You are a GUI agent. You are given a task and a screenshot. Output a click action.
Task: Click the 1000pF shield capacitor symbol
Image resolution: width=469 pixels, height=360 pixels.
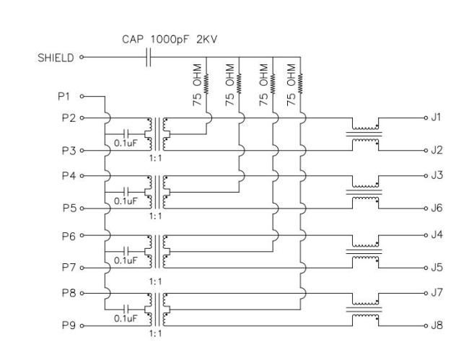point(149,57)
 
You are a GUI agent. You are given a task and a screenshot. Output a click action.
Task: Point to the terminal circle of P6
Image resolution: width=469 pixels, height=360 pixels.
point(82,236)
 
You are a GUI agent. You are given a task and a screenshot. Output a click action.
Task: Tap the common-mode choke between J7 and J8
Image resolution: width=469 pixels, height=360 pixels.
point(365,309)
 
